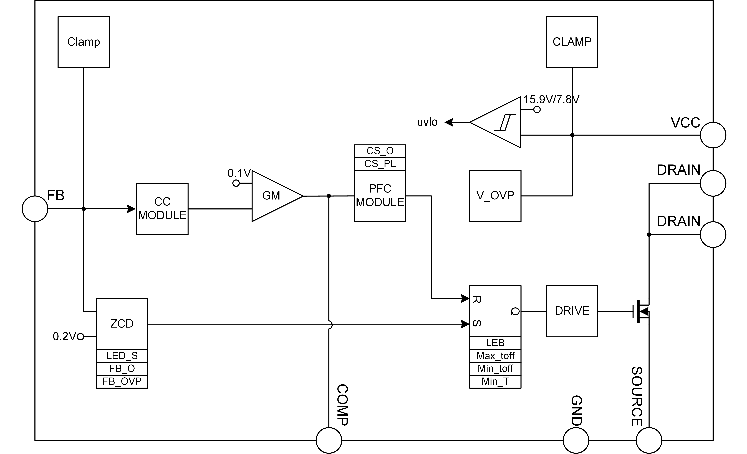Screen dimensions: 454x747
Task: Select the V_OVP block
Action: point(495,196)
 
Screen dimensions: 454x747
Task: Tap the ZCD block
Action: point(122,324)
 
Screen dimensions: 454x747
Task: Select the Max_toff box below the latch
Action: point(495,357)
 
